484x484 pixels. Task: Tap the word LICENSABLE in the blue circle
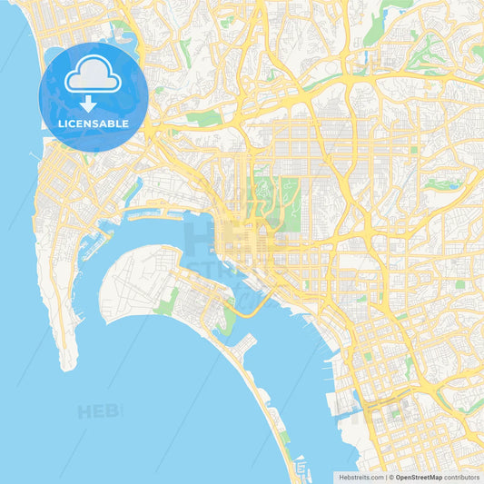click(x=94, y=123)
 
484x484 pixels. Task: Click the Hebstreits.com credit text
click(x=360, y=477)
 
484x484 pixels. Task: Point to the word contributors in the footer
click(x=463, y=477)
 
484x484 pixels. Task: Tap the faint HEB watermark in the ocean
click(x=99, y=411)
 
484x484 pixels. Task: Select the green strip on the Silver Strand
click(x=284, y=437)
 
